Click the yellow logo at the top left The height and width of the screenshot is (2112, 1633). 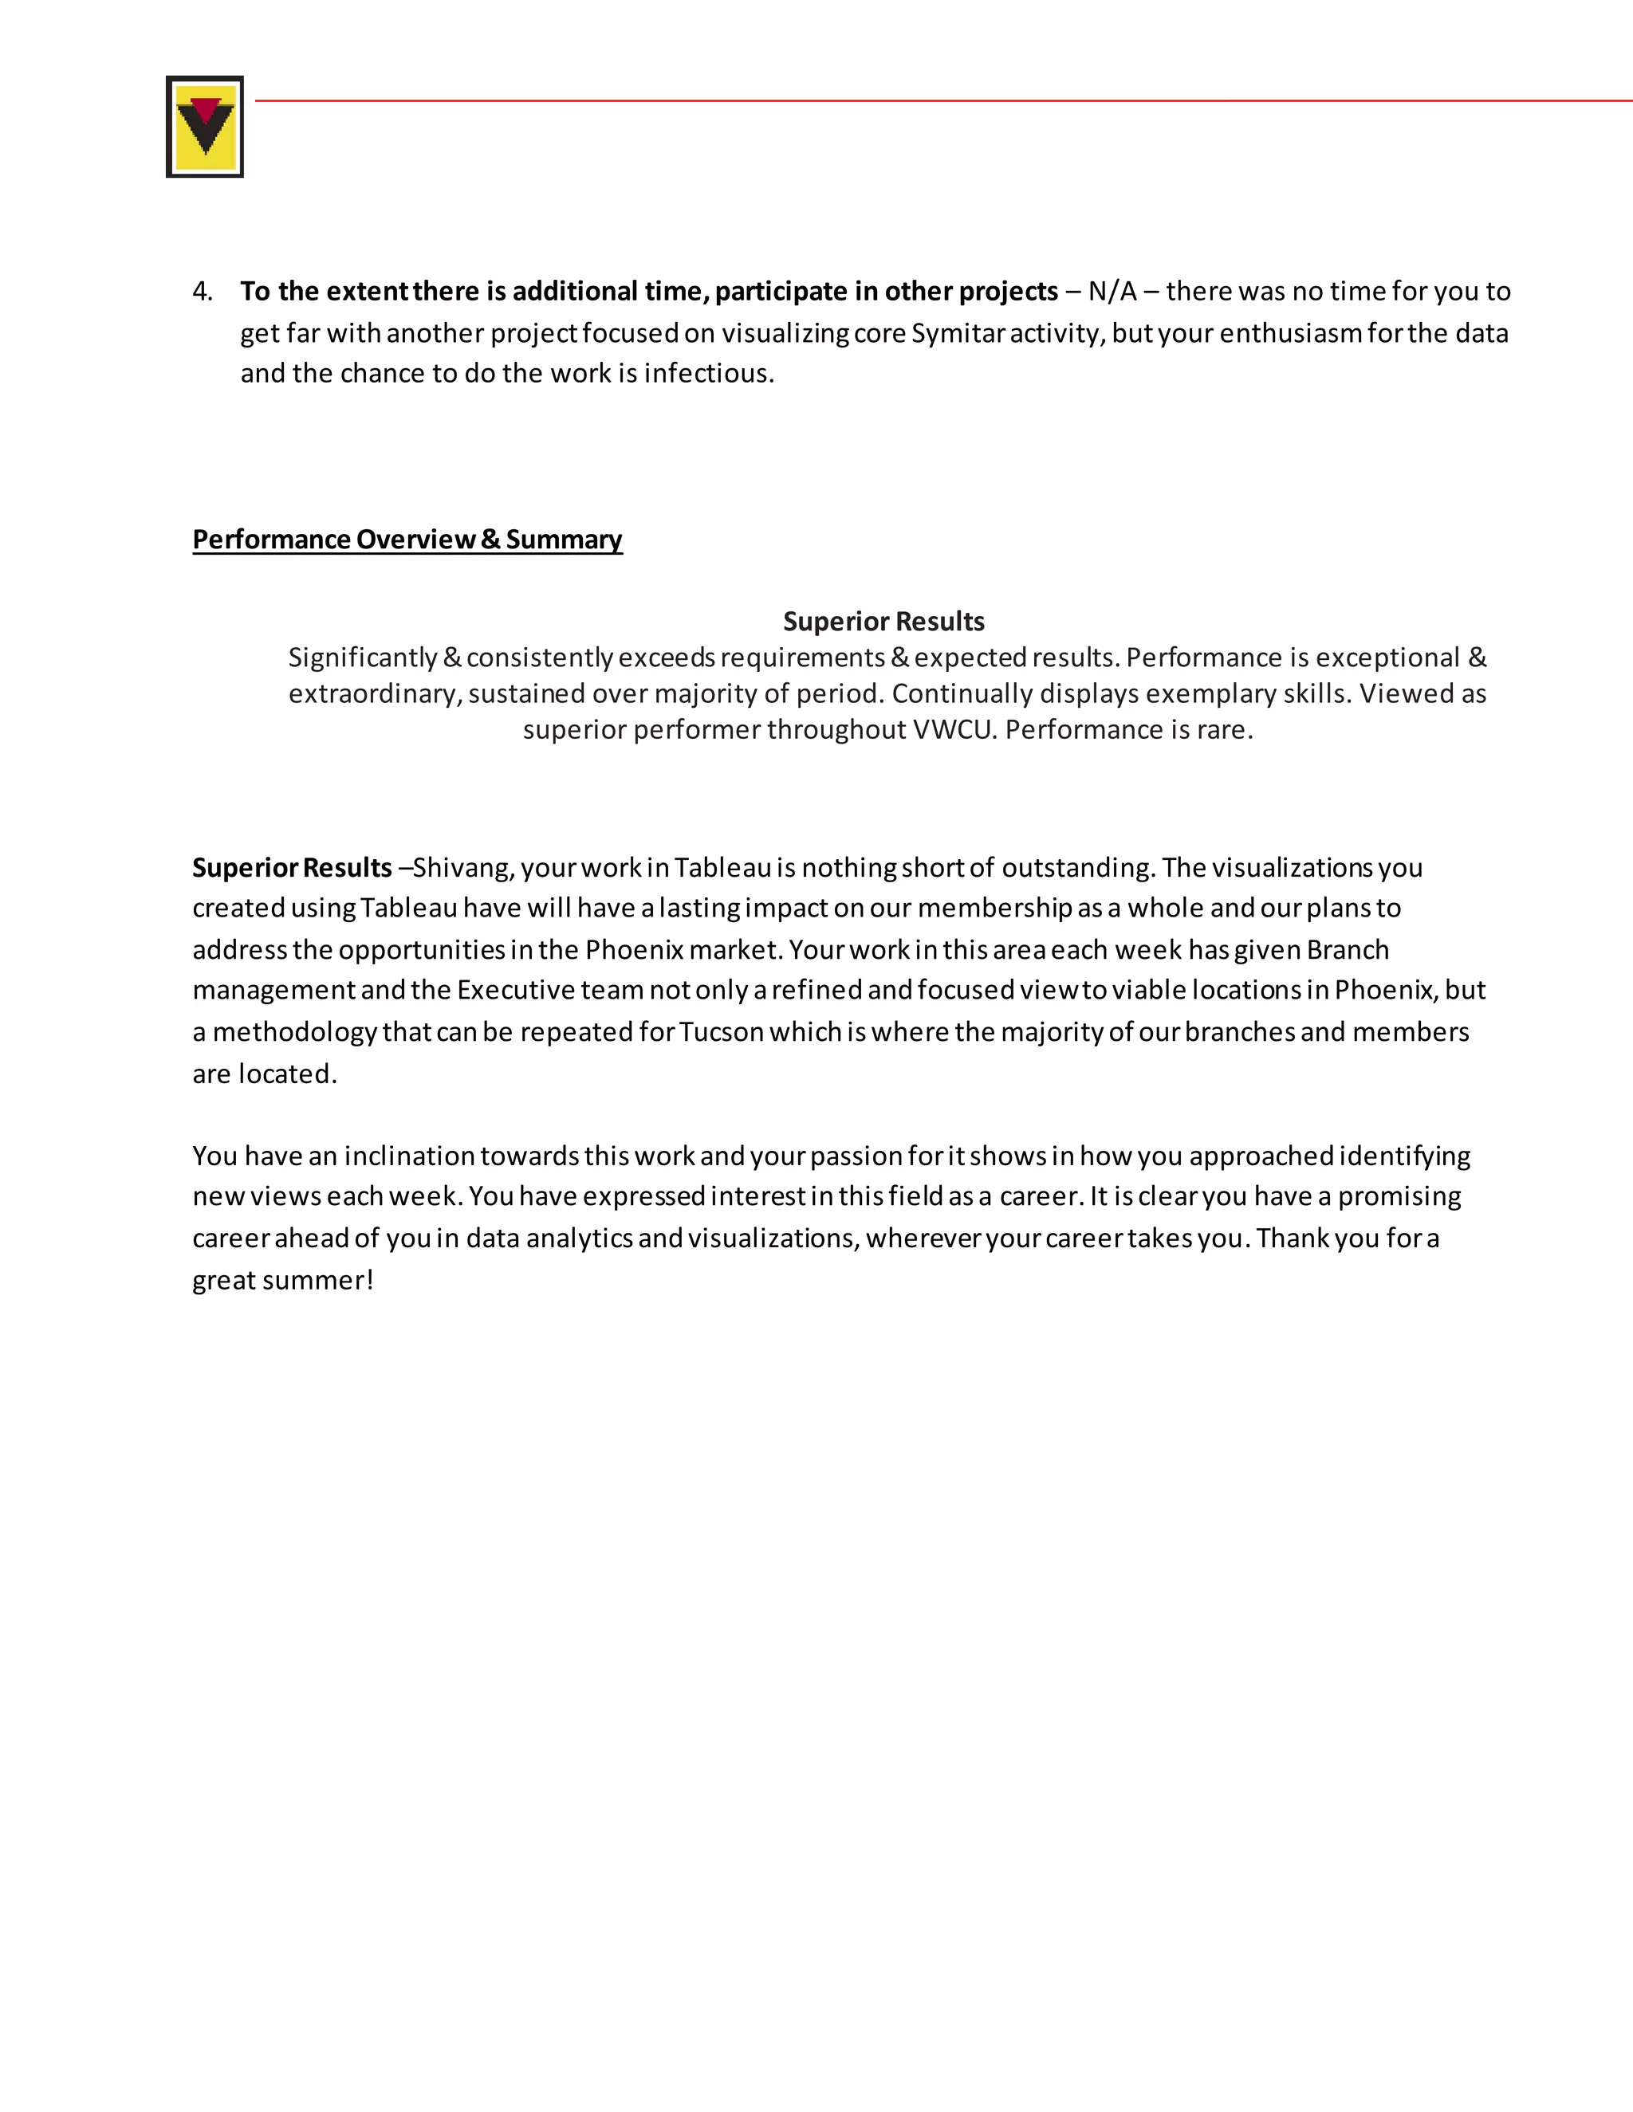coord(204,127)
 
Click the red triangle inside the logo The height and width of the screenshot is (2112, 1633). coord(205,108)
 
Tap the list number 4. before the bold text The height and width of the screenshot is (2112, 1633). coord(203,291)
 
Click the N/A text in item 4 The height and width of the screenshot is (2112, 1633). coord(1112,291)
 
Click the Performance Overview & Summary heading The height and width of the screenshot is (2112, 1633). coord(407,539)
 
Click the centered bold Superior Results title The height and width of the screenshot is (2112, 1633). coord(883,621)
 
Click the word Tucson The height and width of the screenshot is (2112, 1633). coord(722,1032)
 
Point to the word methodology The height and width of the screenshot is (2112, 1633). coord(294,1032)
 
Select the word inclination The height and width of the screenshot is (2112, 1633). coord(409,1156)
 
